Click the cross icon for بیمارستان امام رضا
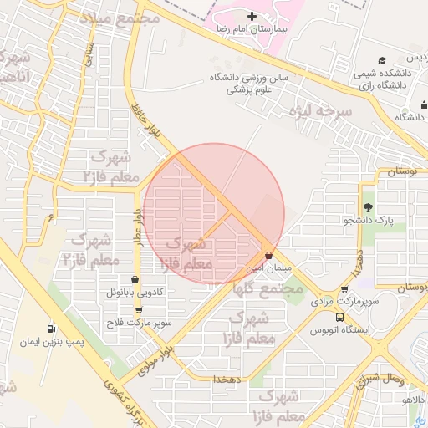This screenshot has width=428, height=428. [252, 16]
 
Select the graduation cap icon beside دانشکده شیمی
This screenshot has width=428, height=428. [382, 60]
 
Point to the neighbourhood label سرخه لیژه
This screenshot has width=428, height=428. [320, 110]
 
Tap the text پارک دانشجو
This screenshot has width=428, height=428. [368, 221]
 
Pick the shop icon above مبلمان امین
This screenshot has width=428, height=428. [267, 255]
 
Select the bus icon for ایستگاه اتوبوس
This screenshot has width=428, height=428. [339, 317]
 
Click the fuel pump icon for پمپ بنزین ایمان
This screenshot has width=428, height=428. [52, 329]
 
